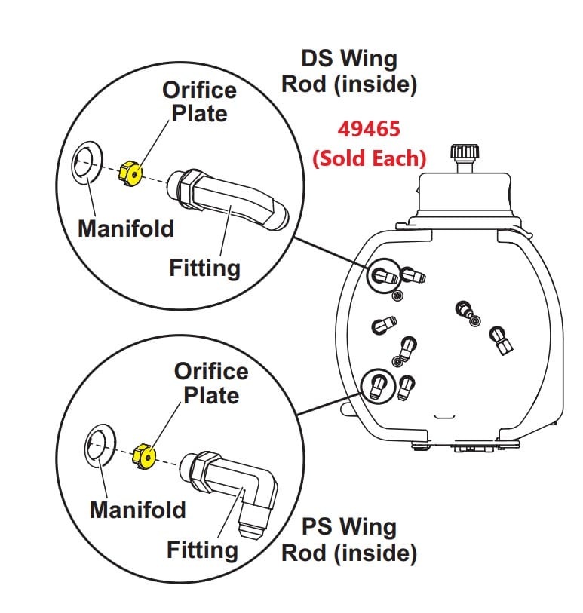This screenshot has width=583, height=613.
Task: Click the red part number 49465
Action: [x=368, y=129]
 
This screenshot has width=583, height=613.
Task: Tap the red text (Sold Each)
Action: [x=369, y=158]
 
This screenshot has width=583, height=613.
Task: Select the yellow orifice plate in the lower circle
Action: [x=144, y=456]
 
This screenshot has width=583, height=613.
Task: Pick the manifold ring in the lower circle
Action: [x=99, y=445]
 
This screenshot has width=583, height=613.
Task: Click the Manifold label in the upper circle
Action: [x=125, y=228]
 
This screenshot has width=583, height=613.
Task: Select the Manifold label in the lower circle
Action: [x=137, y=510]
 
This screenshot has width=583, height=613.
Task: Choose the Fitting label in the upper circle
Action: [x=204, y=268]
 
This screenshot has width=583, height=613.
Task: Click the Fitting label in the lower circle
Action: [x=202, y=550]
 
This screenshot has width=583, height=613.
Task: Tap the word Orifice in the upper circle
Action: [x=199, y=90]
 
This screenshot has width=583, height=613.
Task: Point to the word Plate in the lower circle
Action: [x=211, y=395]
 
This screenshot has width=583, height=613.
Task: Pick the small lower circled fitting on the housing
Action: [x=378, y=387]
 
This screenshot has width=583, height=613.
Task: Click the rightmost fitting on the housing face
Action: [x=502, y=340]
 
